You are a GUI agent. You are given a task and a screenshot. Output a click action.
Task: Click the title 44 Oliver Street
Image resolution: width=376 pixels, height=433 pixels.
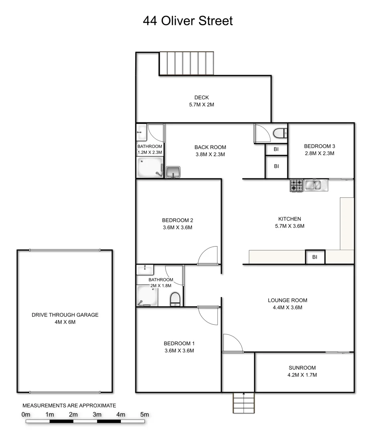click(x=188, y=20)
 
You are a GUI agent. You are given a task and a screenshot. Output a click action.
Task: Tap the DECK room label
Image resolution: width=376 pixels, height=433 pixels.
click(x=201, y=97)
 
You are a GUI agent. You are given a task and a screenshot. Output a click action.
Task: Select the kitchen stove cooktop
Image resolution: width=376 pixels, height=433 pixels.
click(x=297, y=185)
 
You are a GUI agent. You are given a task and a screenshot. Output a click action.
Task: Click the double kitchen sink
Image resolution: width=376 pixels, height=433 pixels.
click(x=316, y=185)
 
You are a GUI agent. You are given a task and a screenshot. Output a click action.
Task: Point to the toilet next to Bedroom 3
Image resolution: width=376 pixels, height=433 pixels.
click(x=279, y=132)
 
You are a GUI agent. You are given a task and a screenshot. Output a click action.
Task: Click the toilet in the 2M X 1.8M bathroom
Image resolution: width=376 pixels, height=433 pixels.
click(x=175, y=299)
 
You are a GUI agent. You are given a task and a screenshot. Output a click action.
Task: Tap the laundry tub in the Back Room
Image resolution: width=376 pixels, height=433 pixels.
click(x=173, y=172)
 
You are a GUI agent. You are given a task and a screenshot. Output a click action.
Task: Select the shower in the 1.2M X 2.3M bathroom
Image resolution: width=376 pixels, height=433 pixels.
click(x=149, y=167)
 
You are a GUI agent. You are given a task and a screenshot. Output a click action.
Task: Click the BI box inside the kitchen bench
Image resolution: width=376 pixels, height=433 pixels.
click(x=315, y=257)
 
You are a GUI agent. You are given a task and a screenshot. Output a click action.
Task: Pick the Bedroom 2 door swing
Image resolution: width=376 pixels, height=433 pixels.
click(x=209, y=255)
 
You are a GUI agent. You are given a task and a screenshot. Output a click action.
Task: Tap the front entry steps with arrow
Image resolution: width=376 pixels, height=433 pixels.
click(x=244, y=402)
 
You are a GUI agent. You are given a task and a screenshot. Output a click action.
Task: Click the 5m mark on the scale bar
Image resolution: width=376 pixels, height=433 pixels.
click(x=144, y=415)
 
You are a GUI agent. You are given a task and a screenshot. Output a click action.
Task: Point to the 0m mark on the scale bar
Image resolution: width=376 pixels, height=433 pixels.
click(x=26, y=415)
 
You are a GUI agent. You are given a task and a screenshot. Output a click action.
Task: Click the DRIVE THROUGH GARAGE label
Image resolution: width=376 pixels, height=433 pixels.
click(x=65, y=315)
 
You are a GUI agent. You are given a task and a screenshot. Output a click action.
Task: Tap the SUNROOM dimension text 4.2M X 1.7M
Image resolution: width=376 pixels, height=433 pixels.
click(x=302, y=375)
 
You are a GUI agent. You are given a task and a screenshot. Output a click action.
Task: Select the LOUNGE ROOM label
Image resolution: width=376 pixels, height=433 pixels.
click(x=287, y=300)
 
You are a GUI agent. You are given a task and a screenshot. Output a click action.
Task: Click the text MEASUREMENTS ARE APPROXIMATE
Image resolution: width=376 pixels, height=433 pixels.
click(x=69, y=405)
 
